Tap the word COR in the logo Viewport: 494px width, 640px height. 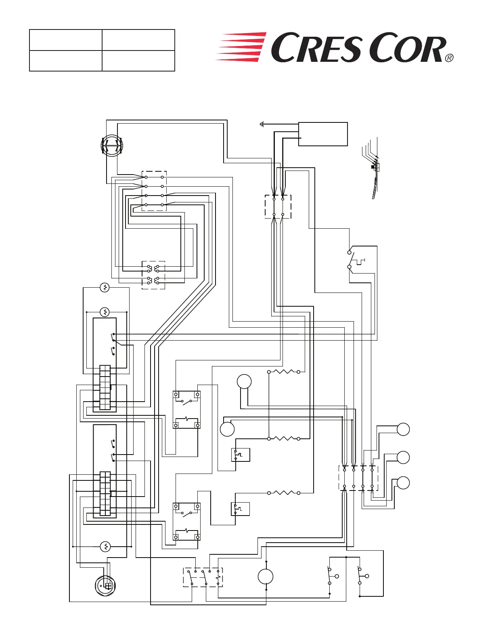(408, 48)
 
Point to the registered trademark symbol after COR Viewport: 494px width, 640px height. (449, 58)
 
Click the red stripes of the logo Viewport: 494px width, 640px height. (241, 47)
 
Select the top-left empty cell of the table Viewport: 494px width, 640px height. (65, 40)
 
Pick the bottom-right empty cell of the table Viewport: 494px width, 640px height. (138, 61)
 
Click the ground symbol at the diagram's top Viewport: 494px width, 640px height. (262, 124)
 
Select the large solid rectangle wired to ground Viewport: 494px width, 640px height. (323, 134)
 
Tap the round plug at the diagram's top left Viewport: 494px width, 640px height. (112, 146)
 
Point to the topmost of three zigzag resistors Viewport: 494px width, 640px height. (284, 372)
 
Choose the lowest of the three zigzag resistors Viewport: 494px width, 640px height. (284, 493)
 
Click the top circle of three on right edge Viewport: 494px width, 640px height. (403, 429)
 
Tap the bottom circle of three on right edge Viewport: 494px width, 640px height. (403, 483)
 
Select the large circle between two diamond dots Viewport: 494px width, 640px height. (266, 577)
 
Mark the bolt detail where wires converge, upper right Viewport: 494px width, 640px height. (374, 166)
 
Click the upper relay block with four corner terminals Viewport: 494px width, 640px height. (186, 410)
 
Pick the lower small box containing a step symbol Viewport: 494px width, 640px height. (241, 509)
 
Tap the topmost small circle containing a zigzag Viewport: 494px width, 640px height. (105, 288)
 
